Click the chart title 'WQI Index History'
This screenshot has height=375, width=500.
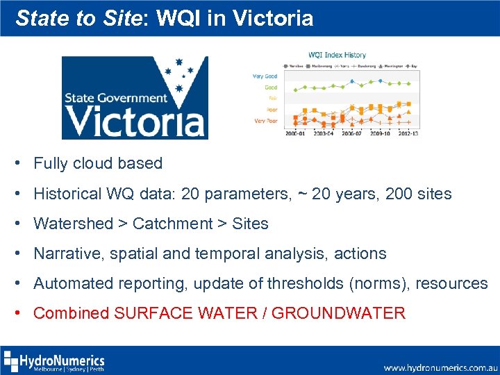pyautogui.click(x=337, y=55)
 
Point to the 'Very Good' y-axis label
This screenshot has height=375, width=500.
pyautogui.click(x=265, y=76)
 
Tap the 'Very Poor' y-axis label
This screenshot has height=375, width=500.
pyautogui.click(x=265, y=120)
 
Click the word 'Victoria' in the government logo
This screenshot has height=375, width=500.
pyautogui.click(x=136, y=122)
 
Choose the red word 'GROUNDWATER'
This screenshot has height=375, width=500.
pyautogui.click(x=338, y=313)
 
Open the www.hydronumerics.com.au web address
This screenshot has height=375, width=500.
pyautogui.click(x=440, y=367)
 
